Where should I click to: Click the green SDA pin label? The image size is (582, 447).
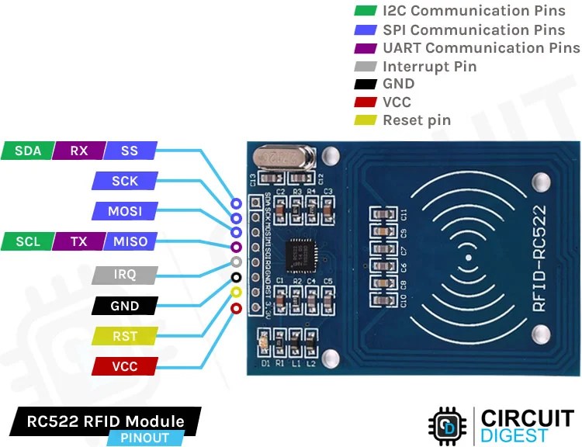27,151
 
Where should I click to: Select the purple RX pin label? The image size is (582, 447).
78,151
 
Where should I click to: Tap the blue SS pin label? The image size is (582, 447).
130,151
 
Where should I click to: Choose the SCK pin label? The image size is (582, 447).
124,181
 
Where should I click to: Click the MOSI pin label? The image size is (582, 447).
124,211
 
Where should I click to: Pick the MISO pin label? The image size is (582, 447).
130,241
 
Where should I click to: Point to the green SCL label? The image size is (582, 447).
27,241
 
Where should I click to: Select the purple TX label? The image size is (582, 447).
78,241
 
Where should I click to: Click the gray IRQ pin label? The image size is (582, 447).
124,275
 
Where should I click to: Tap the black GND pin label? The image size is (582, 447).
124,306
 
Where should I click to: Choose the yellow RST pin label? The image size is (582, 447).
124,336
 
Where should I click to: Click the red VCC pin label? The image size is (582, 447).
124,366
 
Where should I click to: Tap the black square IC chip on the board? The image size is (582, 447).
299,253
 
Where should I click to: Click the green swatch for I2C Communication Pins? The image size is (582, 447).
364,12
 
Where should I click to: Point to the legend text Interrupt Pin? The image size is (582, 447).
429,66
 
